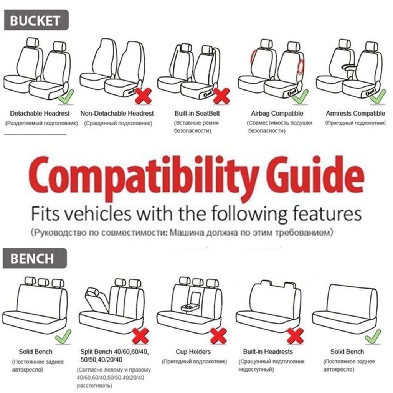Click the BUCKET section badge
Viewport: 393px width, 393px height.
click(36, 20)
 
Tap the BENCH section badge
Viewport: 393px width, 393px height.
click(35, 258)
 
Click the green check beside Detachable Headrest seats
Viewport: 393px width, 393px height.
click(66, 97)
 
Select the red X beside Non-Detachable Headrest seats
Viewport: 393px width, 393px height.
click(144, 96)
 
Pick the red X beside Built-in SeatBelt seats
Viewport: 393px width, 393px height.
click(221, 96)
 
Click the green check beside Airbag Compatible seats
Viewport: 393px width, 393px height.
click(301, 97)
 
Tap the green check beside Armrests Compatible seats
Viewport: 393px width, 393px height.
click(378, 97)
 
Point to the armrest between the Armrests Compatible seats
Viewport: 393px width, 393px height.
click(350, 67)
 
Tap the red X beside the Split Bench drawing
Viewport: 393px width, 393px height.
click(140, 336)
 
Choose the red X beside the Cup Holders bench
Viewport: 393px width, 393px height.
click(218, 336)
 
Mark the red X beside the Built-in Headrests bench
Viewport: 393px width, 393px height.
click(295, 336)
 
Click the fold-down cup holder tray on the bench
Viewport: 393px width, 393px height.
click(189, 307)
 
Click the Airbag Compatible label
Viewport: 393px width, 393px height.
click(277, 114)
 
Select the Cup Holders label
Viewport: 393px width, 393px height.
click(193, 352)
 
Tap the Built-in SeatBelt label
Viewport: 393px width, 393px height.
click(197, 114)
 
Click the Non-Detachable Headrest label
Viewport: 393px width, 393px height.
click(117, 114)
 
